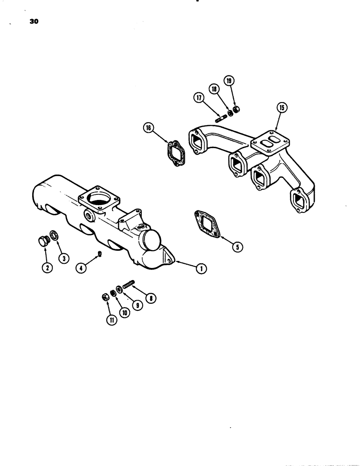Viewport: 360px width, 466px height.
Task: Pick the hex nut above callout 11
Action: [x=106, y=297]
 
